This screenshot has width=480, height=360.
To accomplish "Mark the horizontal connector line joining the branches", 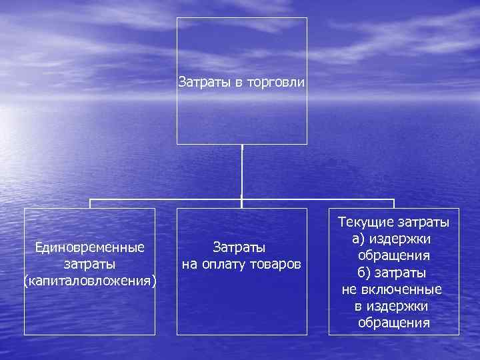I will click(x=167, y=199).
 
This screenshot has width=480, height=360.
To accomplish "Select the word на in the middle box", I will click(x=189, y=265).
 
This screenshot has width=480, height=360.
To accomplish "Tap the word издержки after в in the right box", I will click(x=401, y=307).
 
